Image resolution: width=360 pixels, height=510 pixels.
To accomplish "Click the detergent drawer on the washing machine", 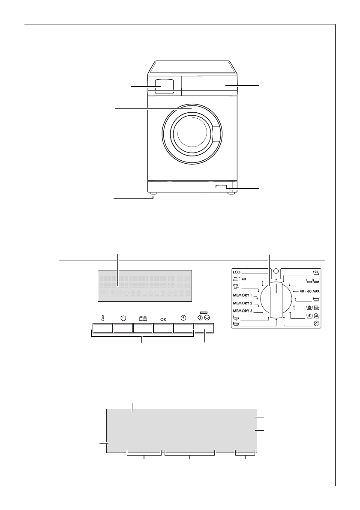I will point(165,85).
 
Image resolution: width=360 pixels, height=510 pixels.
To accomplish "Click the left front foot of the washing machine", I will point(153,194).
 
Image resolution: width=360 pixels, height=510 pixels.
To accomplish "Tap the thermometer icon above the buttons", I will point(102,318).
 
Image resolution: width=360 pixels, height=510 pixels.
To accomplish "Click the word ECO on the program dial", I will point(238,272).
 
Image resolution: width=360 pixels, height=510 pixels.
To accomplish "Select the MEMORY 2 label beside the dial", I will point(243,303).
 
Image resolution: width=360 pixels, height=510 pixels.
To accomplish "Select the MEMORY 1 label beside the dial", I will point(243,296).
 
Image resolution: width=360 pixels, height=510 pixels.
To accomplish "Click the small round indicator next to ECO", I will point(276,271).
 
